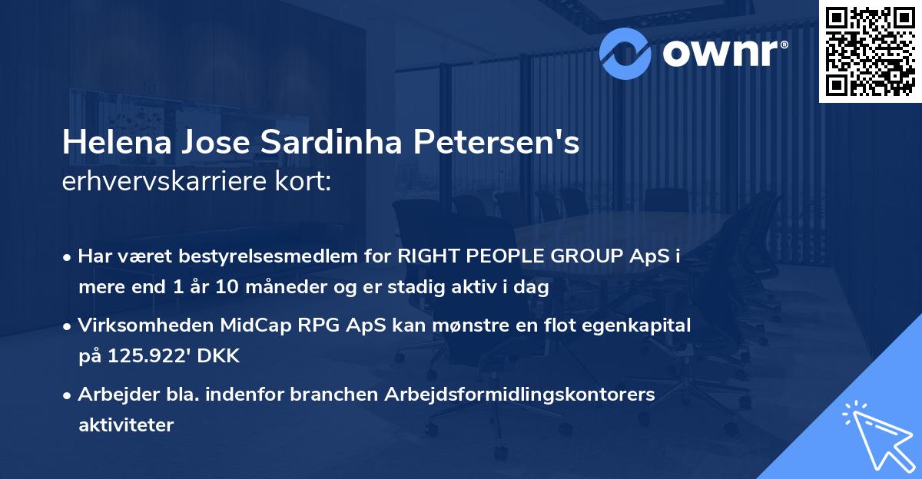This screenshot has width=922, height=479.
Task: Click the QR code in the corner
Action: [870, 51]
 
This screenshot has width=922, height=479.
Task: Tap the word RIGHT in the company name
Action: [428, 257]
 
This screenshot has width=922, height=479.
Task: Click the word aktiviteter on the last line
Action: [126, 424]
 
